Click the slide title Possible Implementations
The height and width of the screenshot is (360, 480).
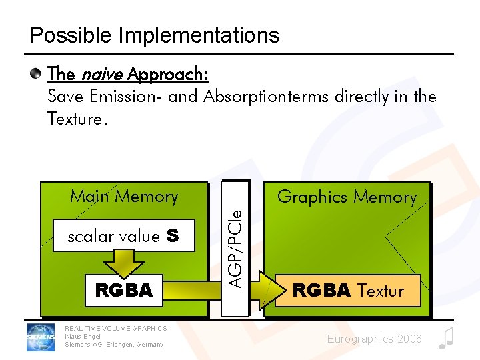(155, 35)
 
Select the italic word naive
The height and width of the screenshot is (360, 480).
(99, 73)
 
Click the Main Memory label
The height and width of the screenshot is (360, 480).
(124, 197)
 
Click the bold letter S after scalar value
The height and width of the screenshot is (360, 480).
(173, 237)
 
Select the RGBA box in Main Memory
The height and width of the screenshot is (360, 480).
(124, 291)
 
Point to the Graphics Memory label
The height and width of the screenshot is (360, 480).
(347, 197)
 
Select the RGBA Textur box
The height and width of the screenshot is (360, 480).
(347, 291)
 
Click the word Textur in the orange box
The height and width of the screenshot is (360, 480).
(381, 291)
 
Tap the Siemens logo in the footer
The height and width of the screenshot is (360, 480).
(41, 337)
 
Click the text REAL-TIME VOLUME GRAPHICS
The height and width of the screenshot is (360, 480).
(116, 328)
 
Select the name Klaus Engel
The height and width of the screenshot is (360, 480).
(83, 336)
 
